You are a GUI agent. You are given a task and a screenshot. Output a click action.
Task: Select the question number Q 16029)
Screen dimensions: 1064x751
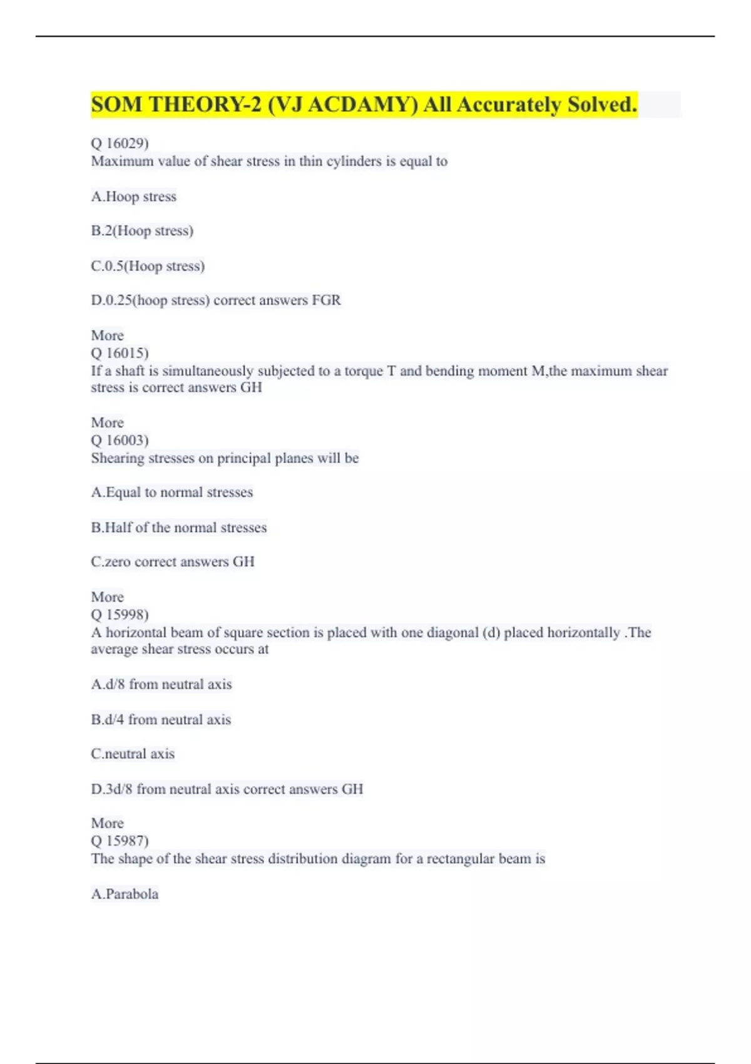click(x=120, y=143)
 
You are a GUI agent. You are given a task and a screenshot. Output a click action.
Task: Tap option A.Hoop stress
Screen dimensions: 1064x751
click(x=133, y=197)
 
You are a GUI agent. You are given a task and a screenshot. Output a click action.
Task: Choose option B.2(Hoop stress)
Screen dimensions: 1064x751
click(x=142, y=231)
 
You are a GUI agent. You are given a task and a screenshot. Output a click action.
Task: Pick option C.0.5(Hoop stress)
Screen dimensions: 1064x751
click(x=148, y=266)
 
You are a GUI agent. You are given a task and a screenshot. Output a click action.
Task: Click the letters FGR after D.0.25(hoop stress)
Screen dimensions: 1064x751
click(x=326, y=300)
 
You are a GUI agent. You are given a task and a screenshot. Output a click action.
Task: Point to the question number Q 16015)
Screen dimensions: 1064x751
click(x=120, y=353)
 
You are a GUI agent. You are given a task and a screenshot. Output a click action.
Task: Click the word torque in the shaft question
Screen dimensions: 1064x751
click(x=362, y=371)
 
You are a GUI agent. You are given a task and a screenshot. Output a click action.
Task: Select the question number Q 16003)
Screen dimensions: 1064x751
click(x=120, y=440)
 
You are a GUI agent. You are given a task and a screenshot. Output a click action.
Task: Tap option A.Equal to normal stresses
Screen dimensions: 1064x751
click(x=171, y=493)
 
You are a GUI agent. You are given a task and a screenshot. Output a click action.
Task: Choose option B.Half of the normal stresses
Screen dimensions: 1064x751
click(x=178, y=528)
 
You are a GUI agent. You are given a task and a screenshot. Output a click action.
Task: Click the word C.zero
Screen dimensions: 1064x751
click(x=111, y=562)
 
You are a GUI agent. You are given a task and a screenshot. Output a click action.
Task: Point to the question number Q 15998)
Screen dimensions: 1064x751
click(x=120, y=615)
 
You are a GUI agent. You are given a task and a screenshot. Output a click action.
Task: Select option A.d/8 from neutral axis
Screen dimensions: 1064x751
click(x=161, y=684)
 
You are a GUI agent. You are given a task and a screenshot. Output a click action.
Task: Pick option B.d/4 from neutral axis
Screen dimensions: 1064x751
click(x=161, y=720)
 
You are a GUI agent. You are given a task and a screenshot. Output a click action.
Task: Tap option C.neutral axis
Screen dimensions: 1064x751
click(x=133, y=754)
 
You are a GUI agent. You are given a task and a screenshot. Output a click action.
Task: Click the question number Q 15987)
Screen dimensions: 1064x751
click(x=120, y=841)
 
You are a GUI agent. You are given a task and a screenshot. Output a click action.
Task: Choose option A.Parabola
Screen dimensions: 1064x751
click(x=125, y=894)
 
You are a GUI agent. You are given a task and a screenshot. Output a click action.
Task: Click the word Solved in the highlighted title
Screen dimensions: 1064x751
click(x=602, y=105)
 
